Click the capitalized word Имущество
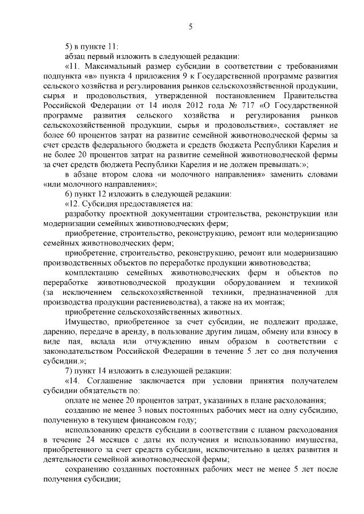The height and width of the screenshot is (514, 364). tap(86, 321)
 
